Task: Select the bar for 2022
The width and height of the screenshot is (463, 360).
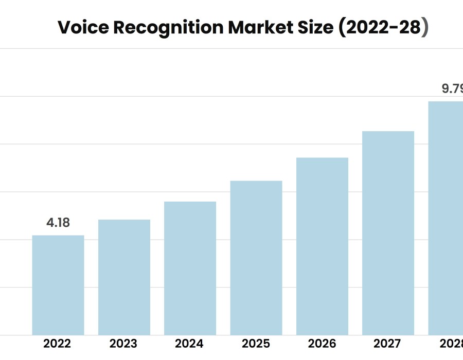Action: pyautogui.click(x=58, y=285)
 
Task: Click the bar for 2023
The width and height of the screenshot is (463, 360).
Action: pyautogui.click(x=124, y=277)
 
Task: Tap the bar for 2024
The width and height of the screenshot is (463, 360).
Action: pyautogui.click(x=190, y=268)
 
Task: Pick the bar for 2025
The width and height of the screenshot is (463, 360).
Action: pyautogui.click(x=256, y=258)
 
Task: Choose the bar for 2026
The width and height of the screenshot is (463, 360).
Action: pyautogui.click(x=322, y=246)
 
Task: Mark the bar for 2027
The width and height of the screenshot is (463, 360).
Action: pyautogui.click(x=388, y=233)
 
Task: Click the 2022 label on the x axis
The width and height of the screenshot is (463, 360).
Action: pyautogui.click(x=58, y=344)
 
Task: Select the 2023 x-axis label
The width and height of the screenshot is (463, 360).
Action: pyautogui.click(x=124, y=344)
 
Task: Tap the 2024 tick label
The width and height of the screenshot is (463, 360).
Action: pyautogui.click(x=190, y=344)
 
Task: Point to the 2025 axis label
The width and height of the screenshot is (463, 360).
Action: pyautogui.click(x=256, y=344)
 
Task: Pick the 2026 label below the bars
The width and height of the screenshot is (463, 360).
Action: pyautogui.click(x=322, y=344)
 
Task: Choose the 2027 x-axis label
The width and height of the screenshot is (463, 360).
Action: pyautogui.click(x=388, y=344)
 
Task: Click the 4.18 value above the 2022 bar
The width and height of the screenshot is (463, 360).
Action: pyautogui.click(x=58, y=223)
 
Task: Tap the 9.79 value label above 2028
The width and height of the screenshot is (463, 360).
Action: pyautogui.click(x=452, y=88)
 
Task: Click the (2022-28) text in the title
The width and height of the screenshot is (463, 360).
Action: pyautogui.click(x=383, y=28)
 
